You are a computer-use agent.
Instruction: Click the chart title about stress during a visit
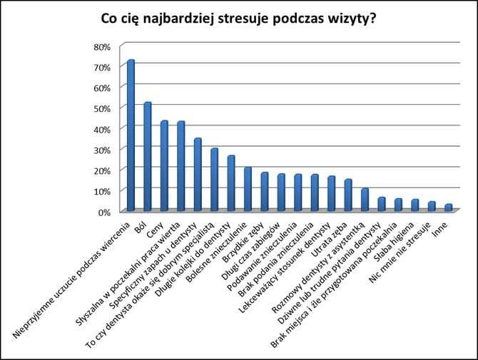238,19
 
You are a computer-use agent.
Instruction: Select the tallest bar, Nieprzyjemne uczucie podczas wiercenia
131,135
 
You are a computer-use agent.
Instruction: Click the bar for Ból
147,157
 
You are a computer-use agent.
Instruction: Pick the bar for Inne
448,207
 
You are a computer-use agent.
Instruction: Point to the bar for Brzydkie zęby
264,192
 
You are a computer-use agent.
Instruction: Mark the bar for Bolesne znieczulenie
247,189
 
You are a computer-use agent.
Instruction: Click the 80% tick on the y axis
101,46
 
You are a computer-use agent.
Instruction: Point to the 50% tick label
101,108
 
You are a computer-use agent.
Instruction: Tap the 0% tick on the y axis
104,212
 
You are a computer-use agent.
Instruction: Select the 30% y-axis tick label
101,150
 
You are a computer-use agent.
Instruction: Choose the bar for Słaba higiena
415,205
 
